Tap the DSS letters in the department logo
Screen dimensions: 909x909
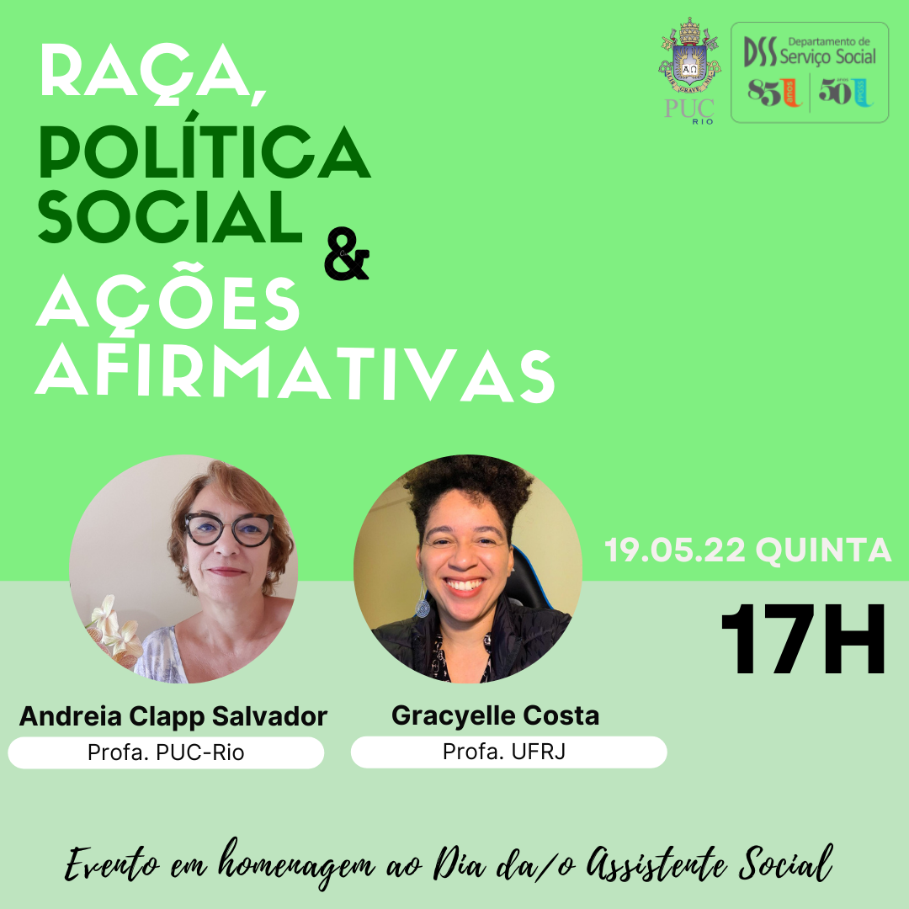[x=760, y=53]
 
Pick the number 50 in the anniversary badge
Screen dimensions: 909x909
[x=836, y=92]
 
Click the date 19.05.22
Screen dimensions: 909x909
[x=675, y=551]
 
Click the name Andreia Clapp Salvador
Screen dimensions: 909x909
[x=173, y=717]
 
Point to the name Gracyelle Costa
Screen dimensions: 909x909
[x=495, y=717]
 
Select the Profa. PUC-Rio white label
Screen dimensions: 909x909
[x=166, y=752]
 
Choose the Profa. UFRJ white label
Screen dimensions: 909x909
[x=508, y=752]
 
